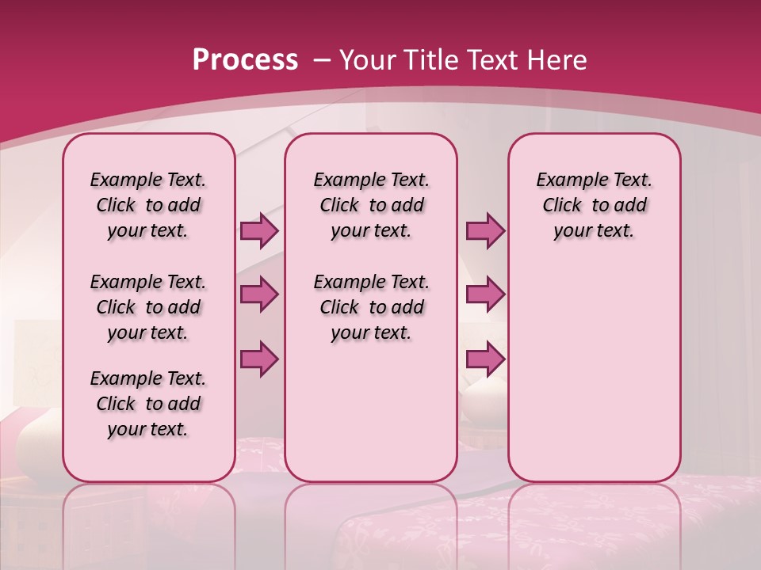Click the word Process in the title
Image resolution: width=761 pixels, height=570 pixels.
[x=245, y=60]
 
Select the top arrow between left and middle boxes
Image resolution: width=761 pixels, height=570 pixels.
[x=259, y=230]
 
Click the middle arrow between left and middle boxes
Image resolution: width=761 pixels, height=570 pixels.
[x=259, y=294]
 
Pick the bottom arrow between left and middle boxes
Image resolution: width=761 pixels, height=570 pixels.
[x=259, y=359]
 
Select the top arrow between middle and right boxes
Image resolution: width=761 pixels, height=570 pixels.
[x=485, y=230]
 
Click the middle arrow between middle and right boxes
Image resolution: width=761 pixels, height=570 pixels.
[x=485, y=294]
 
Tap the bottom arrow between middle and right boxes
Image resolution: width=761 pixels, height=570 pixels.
[x=485, y=359]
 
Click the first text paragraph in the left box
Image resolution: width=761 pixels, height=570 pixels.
[x=148, y=205]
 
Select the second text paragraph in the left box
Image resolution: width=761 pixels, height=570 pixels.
[x=148, y=307]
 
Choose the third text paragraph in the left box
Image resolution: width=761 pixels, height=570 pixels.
[x=148, y=404]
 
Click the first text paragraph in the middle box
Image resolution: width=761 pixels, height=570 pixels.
[x=371, y=205]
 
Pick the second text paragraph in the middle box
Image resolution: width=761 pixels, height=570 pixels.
[x=371, y=307]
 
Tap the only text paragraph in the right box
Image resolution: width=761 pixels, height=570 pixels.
[x=594, y=205]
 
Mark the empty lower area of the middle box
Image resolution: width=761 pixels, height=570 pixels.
[x=371, y=412]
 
